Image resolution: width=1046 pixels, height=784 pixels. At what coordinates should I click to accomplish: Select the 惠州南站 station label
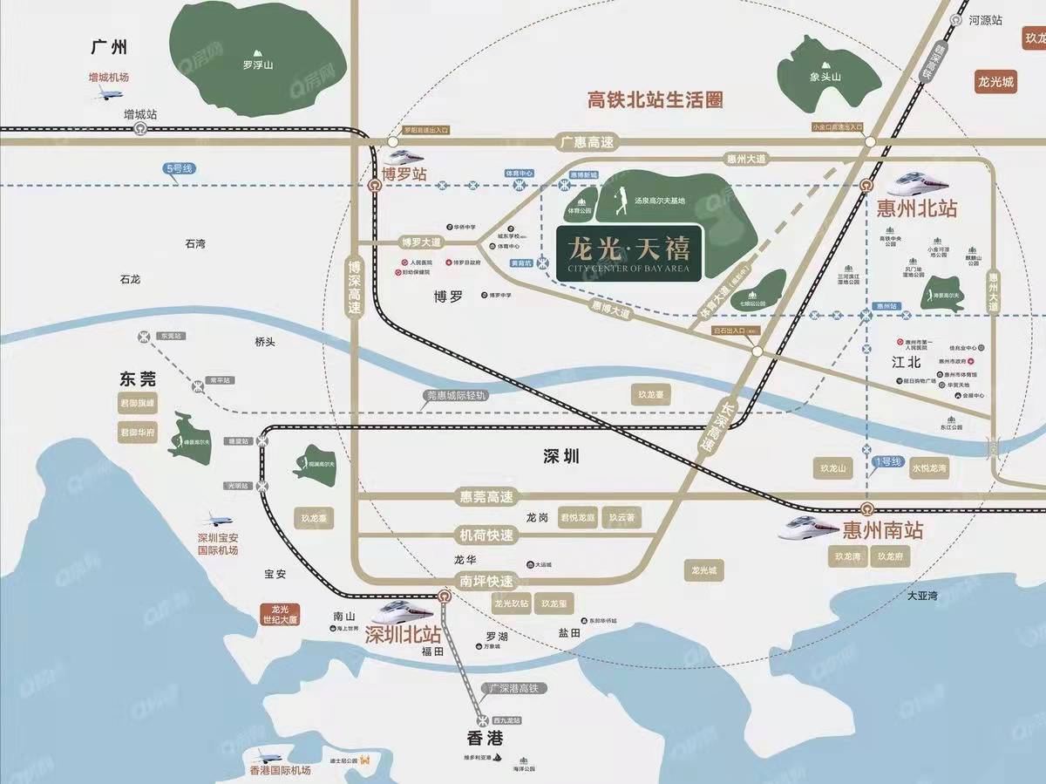pos(882,529)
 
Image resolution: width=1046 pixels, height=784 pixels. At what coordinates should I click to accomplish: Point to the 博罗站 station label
pos(407,174)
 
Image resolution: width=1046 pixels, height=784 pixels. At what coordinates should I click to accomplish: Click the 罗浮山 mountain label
pos(259,64)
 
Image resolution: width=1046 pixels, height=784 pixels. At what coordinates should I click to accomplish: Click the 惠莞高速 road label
pos(486,497)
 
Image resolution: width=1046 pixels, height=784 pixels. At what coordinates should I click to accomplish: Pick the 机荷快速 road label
pos(486,535)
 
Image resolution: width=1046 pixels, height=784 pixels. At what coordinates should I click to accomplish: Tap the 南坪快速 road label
pos(486,581)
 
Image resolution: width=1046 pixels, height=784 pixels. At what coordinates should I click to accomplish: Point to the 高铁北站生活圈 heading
pos(655,99)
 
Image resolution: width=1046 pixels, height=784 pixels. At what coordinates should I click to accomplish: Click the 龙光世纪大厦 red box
pos(279,614)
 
